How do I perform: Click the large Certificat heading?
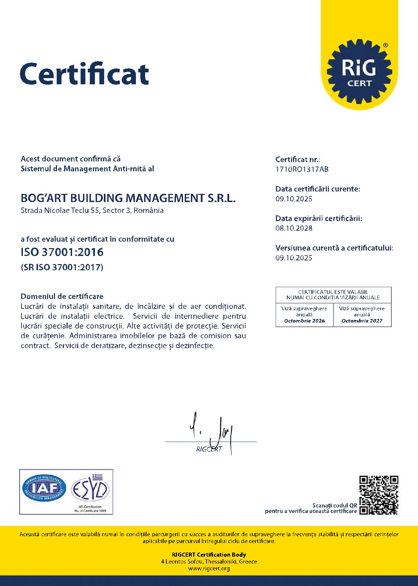[84, 74]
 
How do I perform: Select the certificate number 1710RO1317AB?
[302, 169]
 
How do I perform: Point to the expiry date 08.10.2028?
[294, 228]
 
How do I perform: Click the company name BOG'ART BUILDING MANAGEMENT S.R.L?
[128, 198]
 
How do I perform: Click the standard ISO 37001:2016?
[62, 252]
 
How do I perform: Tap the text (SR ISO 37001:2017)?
[62, 267]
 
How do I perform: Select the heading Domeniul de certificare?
[62, 296]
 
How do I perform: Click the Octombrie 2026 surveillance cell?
[304, 315]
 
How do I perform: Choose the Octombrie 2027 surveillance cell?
[362, 315]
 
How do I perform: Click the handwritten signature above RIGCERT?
[213, 432]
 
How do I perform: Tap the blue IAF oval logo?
[44, 488]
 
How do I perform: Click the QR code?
[379, 495]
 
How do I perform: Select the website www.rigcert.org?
[209, 569]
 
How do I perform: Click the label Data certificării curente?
[318, 189]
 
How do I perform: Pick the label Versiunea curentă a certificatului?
[334, 248]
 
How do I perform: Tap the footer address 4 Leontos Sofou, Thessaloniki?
[209, 561]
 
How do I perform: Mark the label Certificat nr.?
[297, 159]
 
